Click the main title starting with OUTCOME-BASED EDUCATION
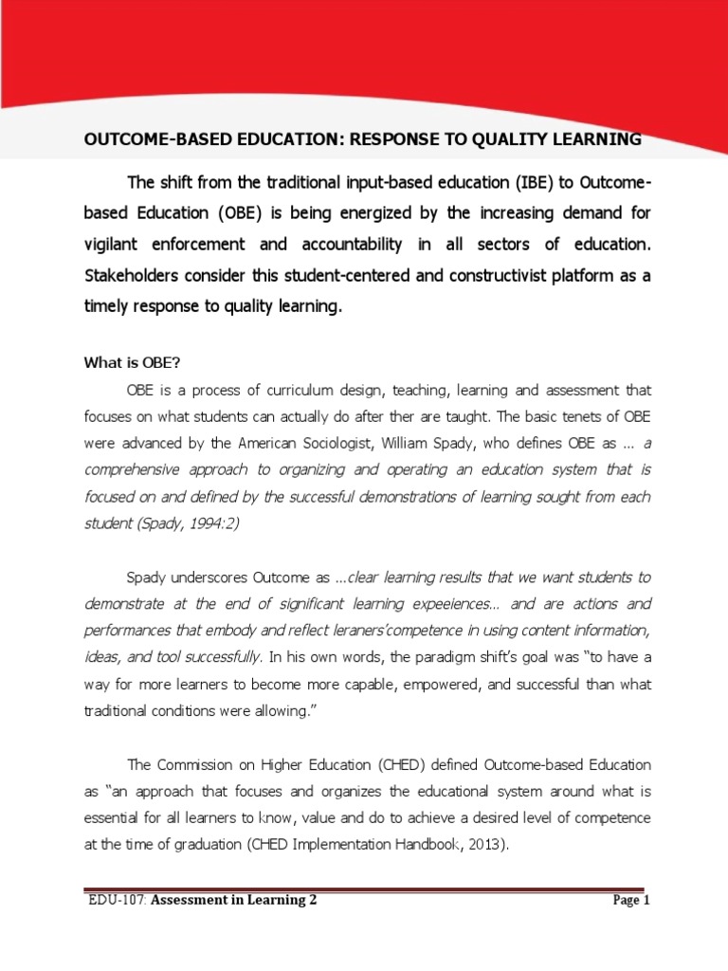coord(363,140)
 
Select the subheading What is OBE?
coord(137,360)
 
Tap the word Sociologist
coord(334,444)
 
